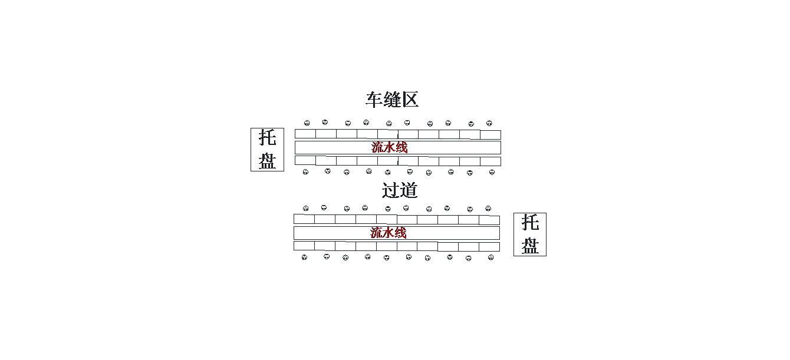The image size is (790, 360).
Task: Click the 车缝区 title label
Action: click(x=392, y=100)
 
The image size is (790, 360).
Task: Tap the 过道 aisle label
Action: click(x=400, y=190)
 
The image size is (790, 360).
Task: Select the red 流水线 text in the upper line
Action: click(x=390, y=147)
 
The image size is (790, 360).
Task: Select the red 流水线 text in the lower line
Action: click(x=389, y=233)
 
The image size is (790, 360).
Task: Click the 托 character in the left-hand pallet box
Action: click(x=267, y=138)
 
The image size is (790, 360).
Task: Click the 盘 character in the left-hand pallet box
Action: click(x=267, y=161)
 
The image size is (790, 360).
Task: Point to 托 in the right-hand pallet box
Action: click(x=530, y=223)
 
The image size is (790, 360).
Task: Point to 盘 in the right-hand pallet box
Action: click(x=530, y=246)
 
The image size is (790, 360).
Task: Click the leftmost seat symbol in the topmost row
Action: click(x=307, y=123)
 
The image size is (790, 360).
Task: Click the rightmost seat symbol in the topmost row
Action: click(x=489, y=123)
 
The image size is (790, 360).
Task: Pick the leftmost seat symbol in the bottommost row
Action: click(x=304, y=257)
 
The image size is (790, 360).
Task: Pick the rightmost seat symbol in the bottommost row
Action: click(x=491, y=257)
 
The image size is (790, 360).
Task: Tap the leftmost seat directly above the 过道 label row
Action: click(x=305, y=172)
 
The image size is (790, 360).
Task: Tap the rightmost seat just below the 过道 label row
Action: click(x=488, y=209)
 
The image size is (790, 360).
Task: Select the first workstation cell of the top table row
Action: click(x=305, y=134)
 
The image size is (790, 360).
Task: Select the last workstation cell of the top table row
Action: click(x=491, y=134)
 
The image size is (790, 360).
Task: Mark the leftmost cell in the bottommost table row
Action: click(x=304, y=246)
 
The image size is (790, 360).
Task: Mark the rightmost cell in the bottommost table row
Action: click(x=489, y=247)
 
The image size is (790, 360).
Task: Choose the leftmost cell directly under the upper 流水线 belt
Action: click(x=305, y=160)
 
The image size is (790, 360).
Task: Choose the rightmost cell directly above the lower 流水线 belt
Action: click(x=489, y=220)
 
